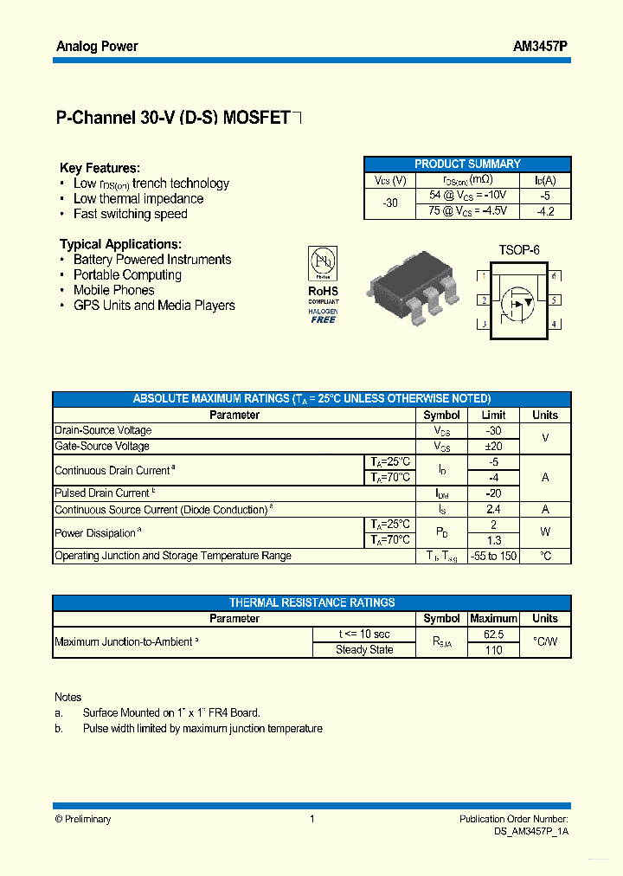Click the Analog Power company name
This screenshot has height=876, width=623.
pos(97,47)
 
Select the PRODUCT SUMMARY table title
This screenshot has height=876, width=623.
pos(467,164)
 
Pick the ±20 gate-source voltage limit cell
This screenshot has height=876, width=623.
pos(493,446)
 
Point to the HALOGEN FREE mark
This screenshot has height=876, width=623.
pos(324,315)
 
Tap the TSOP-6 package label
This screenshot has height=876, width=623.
pos(518,250)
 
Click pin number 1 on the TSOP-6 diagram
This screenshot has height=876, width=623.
pos(483,276)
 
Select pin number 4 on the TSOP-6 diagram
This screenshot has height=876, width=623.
pos(554,325)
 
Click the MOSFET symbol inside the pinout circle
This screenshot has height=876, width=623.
pos(519,300)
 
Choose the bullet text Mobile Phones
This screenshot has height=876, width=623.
pos(113,290)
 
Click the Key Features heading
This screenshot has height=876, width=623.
pos(100,168)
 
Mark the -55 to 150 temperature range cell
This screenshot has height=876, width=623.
pos(493,556)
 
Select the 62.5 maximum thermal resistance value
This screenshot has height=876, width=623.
pos(493,634)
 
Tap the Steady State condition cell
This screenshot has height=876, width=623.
pos(364,650)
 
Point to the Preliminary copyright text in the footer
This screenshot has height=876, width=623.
pos(83,819)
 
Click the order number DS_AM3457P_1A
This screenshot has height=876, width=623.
pos(525,831)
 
